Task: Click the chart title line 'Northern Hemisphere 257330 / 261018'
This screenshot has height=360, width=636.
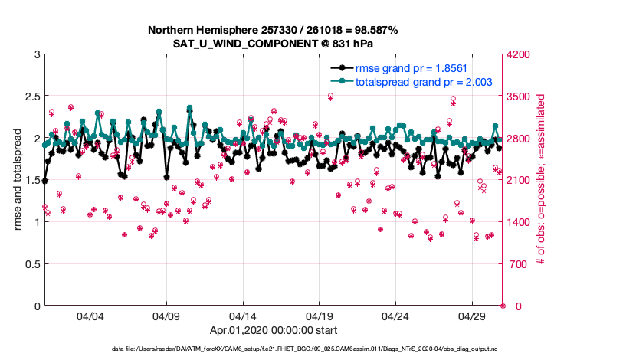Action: (x=274, y=30)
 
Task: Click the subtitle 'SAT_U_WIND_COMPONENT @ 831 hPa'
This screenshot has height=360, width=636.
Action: (x=274, y=43)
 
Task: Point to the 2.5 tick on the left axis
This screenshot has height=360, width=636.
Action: (x=30, y=97)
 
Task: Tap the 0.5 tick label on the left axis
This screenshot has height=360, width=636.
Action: (x=30, y=264)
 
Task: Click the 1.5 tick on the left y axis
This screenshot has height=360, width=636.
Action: (x=30, y=180)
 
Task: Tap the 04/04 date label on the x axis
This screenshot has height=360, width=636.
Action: (x=90, y=316)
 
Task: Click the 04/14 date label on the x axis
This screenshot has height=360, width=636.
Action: (x=243, y=316)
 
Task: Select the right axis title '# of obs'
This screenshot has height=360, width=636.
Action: (x=540, y=180)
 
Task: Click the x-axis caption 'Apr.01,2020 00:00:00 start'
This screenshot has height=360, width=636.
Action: (x=274, y=331)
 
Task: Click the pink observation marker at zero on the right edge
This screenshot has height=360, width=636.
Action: (x=503, y=306)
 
